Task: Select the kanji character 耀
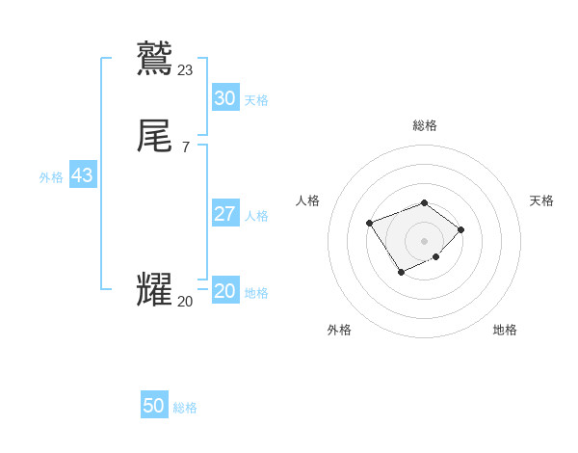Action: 155,290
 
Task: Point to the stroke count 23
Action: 186,69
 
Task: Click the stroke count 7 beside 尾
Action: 185,147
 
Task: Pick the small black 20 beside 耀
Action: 185,302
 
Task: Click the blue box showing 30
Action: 225,98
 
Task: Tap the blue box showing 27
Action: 225,214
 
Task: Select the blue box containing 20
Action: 225,291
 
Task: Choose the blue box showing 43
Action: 82,176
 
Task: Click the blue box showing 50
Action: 154,406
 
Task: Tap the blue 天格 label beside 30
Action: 256,100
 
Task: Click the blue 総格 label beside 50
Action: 185,408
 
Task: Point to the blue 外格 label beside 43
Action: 51,177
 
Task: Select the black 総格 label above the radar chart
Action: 425,125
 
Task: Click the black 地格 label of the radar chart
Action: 505,330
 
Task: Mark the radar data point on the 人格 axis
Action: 369,223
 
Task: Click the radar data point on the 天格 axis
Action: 461,229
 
